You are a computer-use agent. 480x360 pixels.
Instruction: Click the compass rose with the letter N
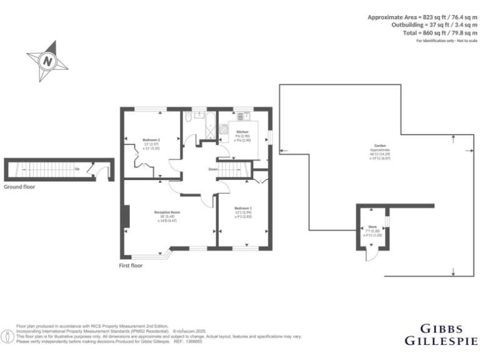tap(47, 61)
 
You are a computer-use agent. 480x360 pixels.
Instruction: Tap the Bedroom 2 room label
tap(151, 139)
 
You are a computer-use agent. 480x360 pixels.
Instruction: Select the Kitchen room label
tap(242, 132)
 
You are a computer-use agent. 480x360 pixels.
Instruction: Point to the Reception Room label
tap(167, 212)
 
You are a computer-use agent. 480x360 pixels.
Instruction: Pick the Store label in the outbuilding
tap(372, 227)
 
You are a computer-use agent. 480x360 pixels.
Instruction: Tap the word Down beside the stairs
tap(213, 169)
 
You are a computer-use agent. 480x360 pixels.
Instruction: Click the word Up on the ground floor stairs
tap(76, 169)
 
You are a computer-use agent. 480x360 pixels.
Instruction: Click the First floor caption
tap(131, 266)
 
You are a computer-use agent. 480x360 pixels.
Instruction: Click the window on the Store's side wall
tap(387, 222)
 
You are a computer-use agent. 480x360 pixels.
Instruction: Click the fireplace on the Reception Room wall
tap(126, 216)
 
